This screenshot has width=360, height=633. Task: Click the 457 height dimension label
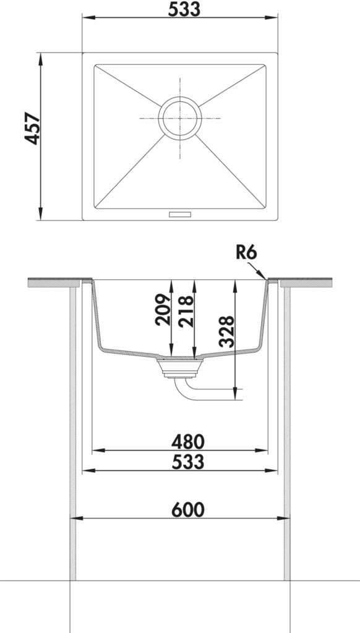point(32,129)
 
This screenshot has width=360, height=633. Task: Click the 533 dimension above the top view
point(184,9)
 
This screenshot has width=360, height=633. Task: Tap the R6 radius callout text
point(246,253)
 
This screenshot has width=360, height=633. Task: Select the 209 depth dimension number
point(163,310)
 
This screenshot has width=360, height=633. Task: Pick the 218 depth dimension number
point(186,312)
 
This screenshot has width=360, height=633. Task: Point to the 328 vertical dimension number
point(226,331)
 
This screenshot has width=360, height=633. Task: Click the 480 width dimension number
point(188,442)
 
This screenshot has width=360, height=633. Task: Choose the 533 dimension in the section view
point(188,462)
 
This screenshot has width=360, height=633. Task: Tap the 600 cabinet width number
point(188,510)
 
